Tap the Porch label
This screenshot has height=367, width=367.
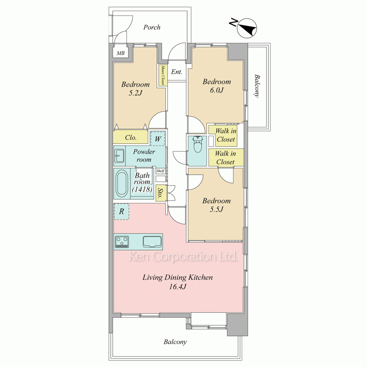click(x=152, y=28)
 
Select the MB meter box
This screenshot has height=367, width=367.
click(x=120, y=53)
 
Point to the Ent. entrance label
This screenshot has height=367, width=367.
click(x=177, y=72)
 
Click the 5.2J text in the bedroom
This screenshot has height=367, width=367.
click(x=135, y=93)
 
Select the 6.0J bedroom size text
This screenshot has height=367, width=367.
click(x=217, y=90)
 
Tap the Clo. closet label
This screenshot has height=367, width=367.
click(x=131, y=138)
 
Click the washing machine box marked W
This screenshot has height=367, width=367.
click(x=158, y=139)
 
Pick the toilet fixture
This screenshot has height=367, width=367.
click(x=197, y=144)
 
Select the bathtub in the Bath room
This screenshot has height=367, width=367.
click(x=122, y=184)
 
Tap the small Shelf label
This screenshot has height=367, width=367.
click(x=160, y=171)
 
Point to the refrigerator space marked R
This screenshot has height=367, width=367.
click(x=121, y=212)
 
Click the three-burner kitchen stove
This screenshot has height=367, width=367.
click(x=122, y=242)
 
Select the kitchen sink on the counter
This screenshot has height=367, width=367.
click(x=152, y=241)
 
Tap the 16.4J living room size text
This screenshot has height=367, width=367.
click(x=177, y=287)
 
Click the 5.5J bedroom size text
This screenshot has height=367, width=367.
click(x=216, y=209)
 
